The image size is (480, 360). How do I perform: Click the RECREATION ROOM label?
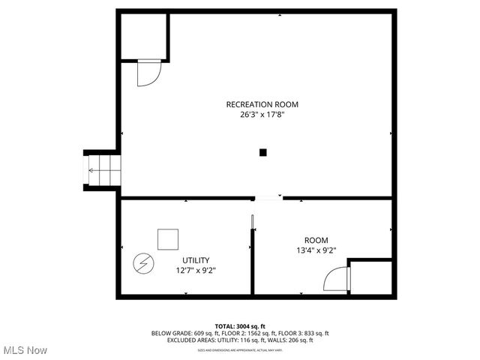tap(256, 104)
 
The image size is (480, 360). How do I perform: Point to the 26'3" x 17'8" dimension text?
tap(256, 115)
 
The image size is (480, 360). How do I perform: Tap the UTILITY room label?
tap(196, 260)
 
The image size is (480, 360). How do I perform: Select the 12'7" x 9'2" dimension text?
tap(196, 270)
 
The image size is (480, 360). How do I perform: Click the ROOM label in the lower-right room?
tap(316, 240)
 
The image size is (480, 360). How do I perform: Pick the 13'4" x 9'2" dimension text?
tap(315, 250)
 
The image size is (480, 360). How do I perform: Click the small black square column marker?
tap(262, 152)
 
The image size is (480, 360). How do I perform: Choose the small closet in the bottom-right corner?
tap(370, 277)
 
